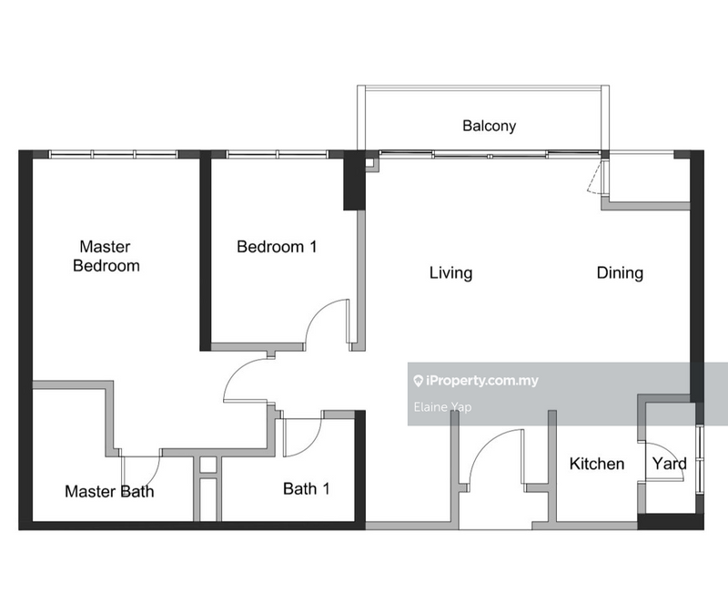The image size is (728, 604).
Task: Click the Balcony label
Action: click(489, 126)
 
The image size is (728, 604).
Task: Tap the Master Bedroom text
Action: click(106, 256)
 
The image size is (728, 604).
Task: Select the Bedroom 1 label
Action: click(277, 247)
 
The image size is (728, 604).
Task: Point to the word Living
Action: click(450, 273)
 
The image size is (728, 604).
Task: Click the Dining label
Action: click(620, 273)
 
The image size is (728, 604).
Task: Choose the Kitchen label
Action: click(597, 464)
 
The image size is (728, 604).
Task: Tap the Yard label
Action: click(669, 464)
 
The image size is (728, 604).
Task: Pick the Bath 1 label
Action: click(307, 488)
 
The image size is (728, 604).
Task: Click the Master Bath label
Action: click(109, 491)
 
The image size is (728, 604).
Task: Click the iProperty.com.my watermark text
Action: click(482, 381)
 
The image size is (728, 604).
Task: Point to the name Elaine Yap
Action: click(442, 407)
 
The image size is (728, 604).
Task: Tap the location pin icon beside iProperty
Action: click(418, 381)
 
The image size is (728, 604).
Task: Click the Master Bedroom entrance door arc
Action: click(237, 372)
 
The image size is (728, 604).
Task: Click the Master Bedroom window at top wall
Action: click(114, 154)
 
